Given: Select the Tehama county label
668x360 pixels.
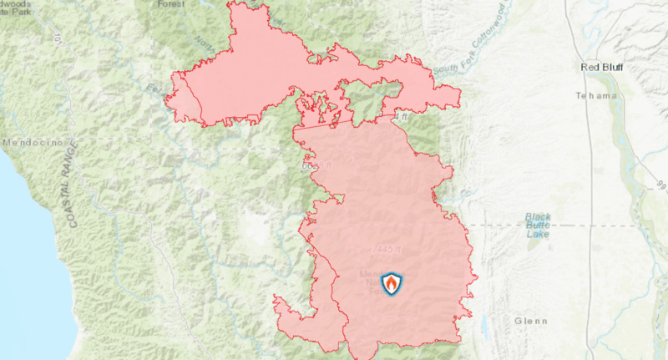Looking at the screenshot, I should [x=595, y=96].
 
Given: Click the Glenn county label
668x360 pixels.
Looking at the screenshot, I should [x=531, y=322].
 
